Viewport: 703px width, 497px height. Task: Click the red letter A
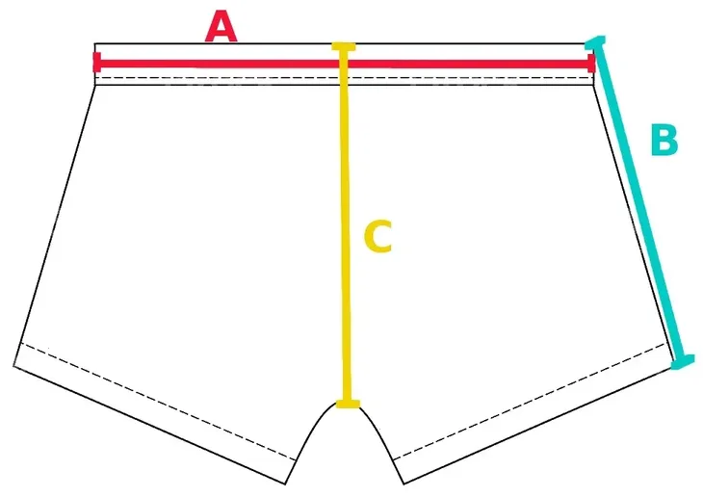(x=221, y=28)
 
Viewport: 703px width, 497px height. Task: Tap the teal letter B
(x=664, y=141)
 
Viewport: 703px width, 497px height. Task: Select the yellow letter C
(x=378, y=236)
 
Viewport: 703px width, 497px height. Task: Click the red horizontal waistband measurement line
(x=344, y=63)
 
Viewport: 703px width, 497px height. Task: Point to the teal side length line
(x=639, y=202)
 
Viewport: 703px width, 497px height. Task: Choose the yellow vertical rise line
(x=345, y=225)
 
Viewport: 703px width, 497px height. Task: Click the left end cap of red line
(x=97, y=62)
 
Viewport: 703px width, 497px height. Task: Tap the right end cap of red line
(x=592, y=64)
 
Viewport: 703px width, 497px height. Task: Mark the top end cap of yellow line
(x=344, y=46)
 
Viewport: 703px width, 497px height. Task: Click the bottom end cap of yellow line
(x=348, y=404)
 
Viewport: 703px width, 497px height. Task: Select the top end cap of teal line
(x=595, y=41)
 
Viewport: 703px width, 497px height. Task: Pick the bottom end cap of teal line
(x=683, y=361)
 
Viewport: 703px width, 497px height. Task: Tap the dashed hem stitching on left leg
(x=158, y=402)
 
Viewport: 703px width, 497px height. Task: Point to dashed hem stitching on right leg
(x=530, y=402)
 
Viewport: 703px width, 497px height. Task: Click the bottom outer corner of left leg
(x=13, y=366)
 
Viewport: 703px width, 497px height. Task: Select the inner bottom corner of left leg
(x=285, y=484)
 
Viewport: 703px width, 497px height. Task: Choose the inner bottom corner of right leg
(x=404, y=484)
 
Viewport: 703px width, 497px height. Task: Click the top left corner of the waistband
(x=95, y=43)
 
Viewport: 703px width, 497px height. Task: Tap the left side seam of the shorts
(x=55, y=225)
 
